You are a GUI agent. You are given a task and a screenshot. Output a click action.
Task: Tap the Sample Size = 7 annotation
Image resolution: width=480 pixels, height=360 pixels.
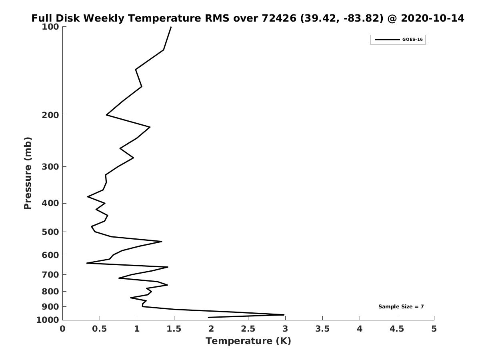pyautogui.click(x=401, y=307)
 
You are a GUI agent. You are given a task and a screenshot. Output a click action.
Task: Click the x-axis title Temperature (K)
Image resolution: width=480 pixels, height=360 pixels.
pyautogui.click(x=248, y=341)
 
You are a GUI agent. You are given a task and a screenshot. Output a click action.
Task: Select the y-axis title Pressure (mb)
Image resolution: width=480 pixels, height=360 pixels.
pyautogui.click(x=28, y=173)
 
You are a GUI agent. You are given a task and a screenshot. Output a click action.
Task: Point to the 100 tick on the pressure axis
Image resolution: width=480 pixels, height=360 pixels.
pyautogui.click(x=51, y=27)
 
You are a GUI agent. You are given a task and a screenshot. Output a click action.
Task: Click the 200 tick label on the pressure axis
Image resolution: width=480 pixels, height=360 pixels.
pyautogui.click(x=51, y=115)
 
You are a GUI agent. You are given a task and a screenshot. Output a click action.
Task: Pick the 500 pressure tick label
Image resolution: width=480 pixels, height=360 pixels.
pyautogui.click(x=51, y=232)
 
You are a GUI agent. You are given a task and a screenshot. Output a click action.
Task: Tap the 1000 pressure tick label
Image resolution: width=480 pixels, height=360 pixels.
pyautogui.click(x=48, y=320)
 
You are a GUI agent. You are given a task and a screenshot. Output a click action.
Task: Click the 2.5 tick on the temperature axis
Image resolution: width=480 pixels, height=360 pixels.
pyautogui.click(x=248, y=329)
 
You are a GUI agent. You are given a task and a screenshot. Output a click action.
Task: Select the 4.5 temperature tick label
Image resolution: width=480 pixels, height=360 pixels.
pyautogui.click(x=397, y=329)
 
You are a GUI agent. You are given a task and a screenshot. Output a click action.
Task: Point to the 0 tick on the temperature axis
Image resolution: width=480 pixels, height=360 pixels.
pyautogui.click(x=63, y=329)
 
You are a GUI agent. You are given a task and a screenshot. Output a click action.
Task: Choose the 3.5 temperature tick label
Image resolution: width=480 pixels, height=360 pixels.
pyautogui.click(x=322, y=329)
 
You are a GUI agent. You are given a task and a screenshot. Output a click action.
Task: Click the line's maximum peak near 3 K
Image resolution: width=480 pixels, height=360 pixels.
pyautogui.click(x=284, y=315)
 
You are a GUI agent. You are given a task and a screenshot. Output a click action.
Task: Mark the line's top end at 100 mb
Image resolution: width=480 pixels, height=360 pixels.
pyautogui.click(x=171, y=27)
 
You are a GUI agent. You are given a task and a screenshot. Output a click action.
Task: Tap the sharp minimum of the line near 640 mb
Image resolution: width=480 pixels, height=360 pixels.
pyautogui.click(x=87, y=263)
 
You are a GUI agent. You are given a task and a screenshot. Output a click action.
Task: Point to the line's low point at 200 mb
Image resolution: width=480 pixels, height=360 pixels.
pyautogui.click(x=107, y=115)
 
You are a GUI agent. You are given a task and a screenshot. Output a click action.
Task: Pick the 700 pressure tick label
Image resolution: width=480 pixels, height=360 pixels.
pyautogui.click(x=51, y=275)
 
